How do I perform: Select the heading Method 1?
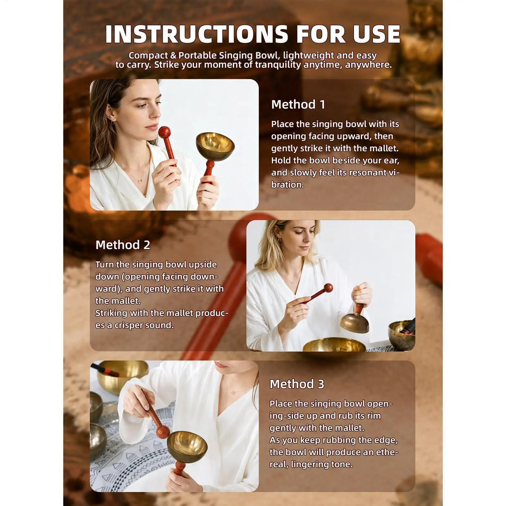click(298, 105)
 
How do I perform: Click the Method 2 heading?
click(123, 245)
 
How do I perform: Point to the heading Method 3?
click(297, 384)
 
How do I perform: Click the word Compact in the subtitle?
click(148, 56)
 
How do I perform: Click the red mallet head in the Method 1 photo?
click(164, 132)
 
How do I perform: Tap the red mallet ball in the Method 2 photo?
click(328, 288)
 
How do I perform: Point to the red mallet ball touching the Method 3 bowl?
click(163, 431)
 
